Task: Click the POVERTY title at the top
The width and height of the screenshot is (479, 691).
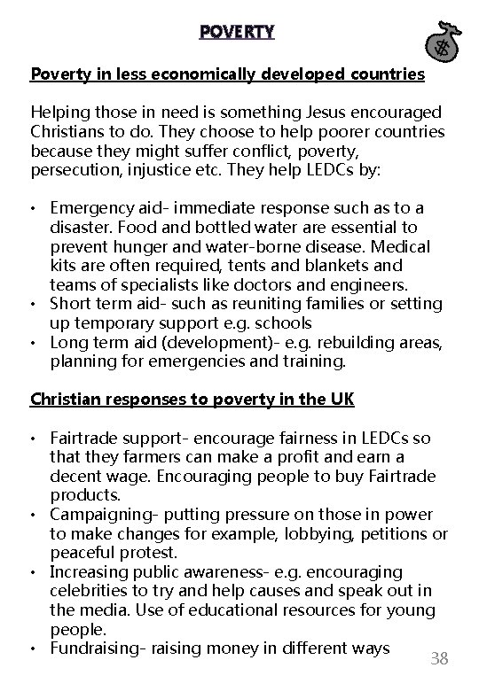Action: coord(237,33)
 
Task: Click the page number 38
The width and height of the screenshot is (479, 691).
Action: coord(438,658)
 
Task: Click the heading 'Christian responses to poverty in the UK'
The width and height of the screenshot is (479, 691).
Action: coord(192,399)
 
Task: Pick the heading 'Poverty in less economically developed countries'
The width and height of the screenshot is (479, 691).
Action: coord(227,74)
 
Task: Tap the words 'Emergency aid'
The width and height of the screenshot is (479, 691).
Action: coord(99,208)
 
